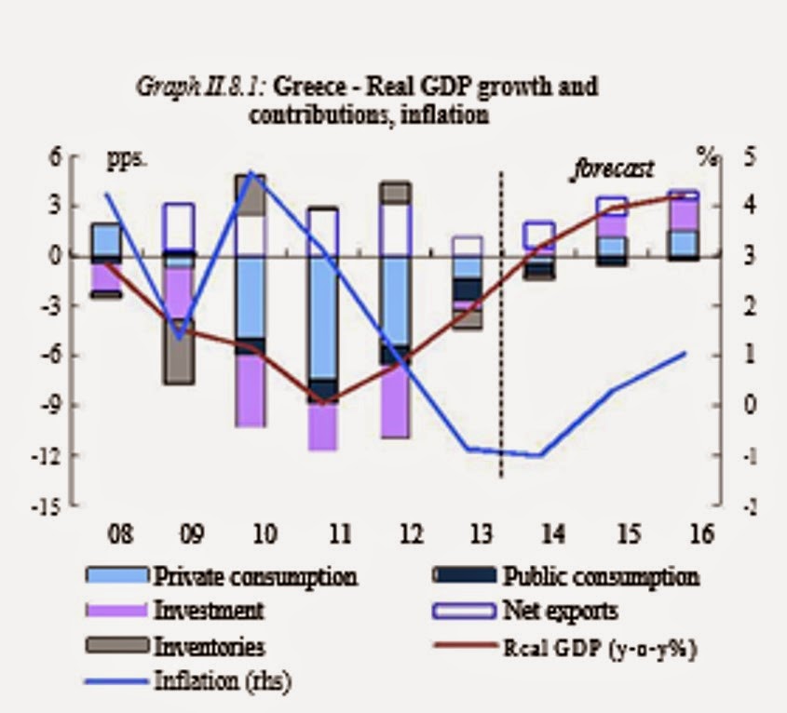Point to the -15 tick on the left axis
pos(57,506)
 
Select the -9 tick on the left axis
pos(61,406)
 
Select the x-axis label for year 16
pos(701,535)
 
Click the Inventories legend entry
pos(210,646)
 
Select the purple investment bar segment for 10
pos(251,390)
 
